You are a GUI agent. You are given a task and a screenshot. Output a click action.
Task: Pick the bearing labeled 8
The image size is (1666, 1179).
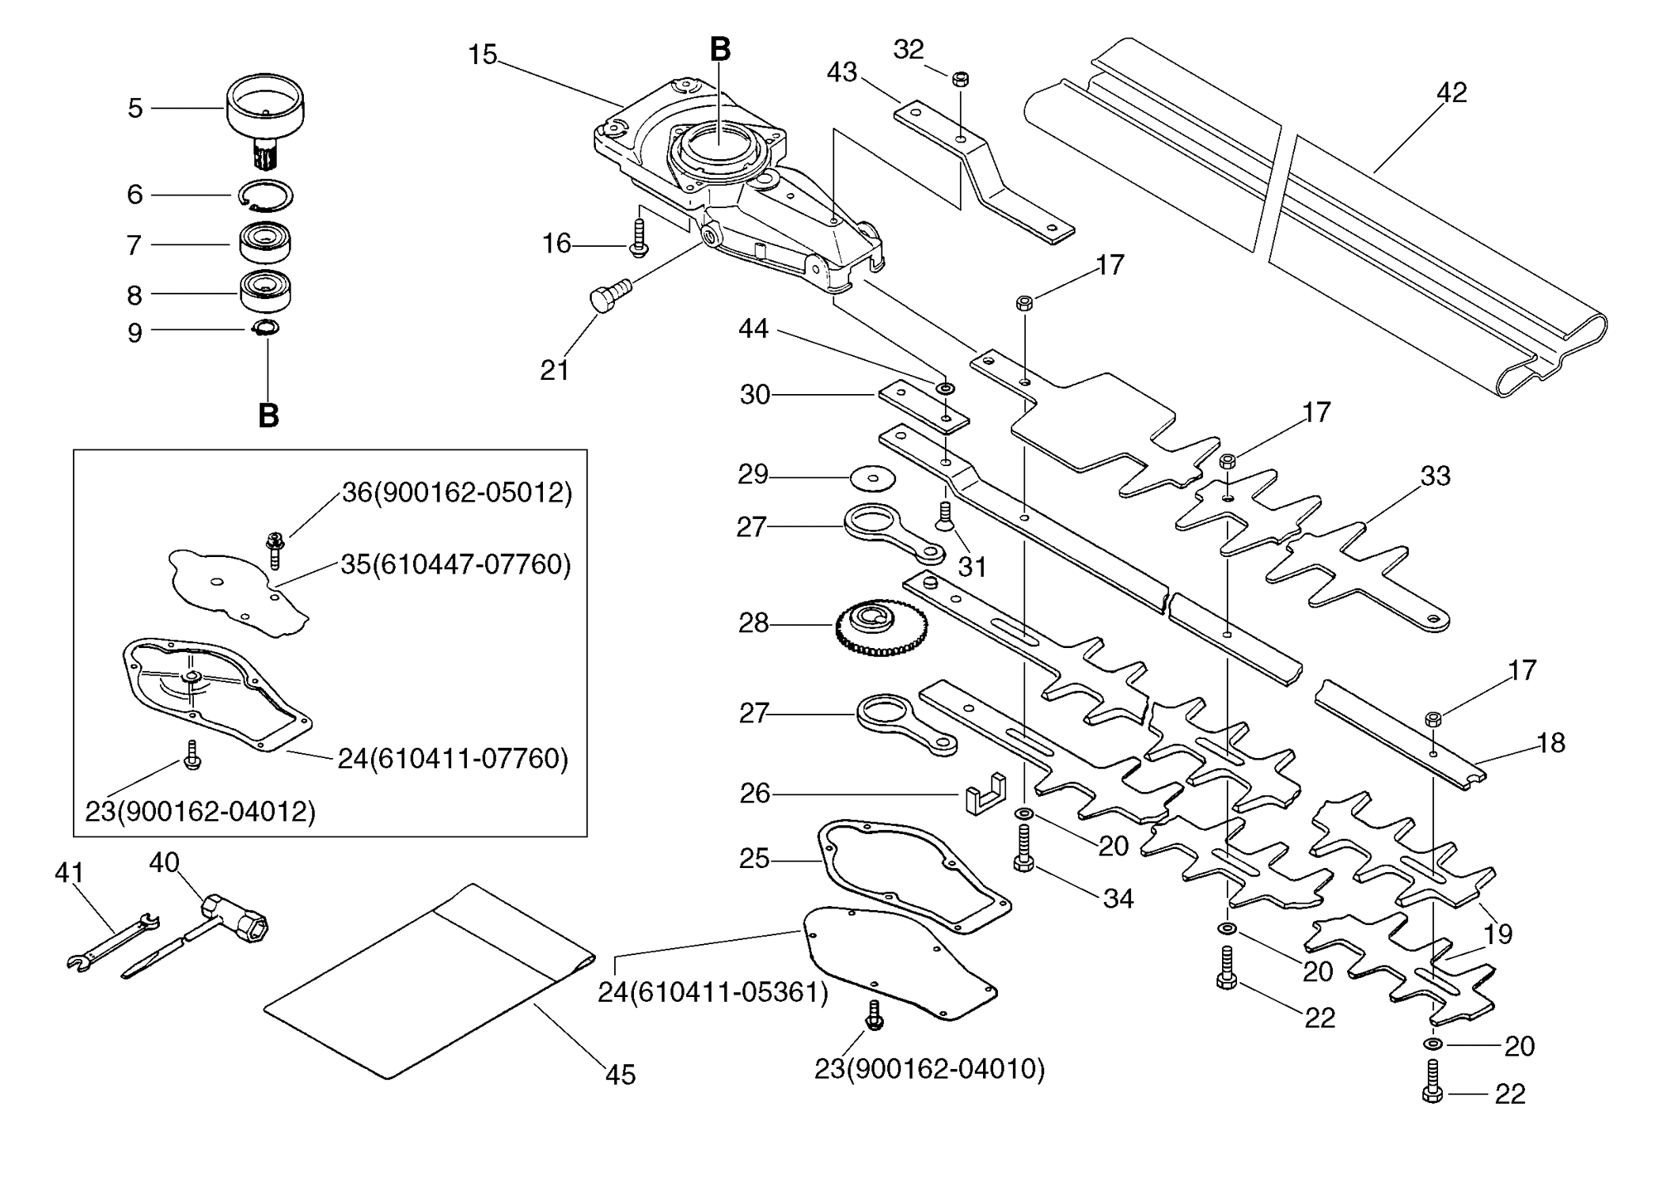tap(265, 292)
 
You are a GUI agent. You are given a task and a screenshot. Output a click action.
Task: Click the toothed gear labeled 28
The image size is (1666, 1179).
tap(881, 628)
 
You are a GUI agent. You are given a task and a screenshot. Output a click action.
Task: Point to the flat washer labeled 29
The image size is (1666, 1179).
tap(872, 476)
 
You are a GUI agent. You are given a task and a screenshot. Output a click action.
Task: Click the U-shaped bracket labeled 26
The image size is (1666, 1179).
tap(985, 794)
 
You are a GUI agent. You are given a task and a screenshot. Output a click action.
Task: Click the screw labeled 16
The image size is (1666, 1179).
tap(639, 238)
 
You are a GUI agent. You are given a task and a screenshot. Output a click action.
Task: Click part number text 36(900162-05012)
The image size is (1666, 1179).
tap(457, 492)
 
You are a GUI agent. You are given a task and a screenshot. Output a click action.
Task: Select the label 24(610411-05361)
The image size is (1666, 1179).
tap(713, 992)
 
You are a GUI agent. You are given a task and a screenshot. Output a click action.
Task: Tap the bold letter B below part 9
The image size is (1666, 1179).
tap(268, 415)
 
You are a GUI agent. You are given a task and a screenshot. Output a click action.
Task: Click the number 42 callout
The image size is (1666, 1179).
tap(1452, 93)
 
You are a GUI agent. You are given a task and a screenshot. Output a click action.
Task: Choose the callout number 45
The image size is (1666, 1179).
tap(620, 1075)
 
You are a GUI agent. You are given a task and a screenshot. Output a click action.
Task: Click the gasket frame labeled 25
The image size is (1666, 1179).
tap(914, 877)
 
